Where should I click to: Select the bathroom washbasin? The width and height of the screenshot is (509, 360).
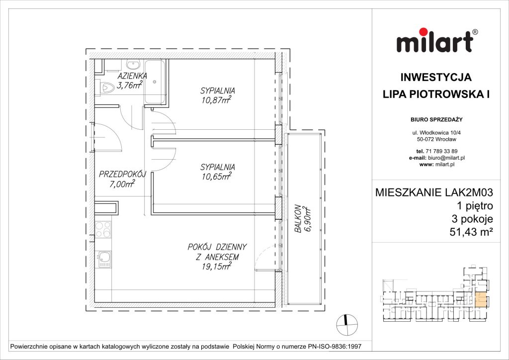133,65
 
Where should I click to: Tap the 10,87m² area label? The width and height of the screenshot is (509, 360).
217,100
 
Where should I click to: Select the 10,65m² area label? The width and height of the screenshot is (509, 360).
217,177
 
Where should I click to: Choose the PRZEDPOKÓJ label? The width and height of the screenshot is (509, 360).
122,175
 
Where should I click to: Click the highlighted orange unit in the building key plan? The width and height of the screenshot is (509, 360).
481,300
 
